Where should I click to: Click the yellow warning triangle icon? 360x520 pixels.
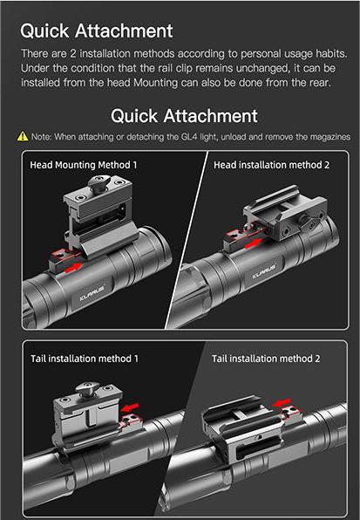23,137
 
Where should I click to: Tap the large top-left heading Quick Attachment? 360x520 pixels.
96,31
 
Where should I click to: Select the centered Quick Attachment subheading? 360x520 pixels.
184,116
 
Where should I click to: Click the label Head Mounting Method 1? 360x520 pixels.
84,164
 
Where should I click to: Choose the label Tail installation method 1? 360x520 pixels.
85,359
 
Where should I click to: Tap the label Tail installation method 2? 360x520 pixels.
266,359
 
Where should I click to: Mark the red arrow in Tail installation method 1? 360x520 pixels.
131,407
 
